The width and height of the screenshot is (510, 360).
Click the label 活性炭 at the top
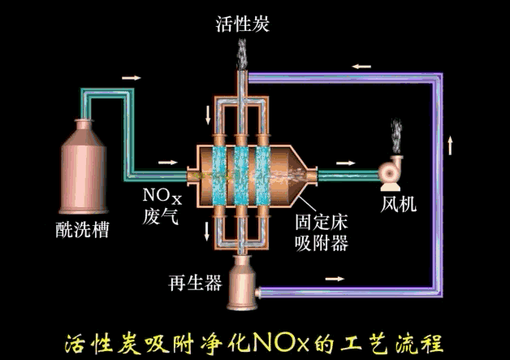pos(242,24)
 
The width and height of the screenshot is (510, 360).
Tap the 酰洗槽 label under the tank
pos(82,230)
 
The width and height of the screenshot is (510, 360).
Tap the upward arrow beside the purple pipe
pos(452,150)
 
